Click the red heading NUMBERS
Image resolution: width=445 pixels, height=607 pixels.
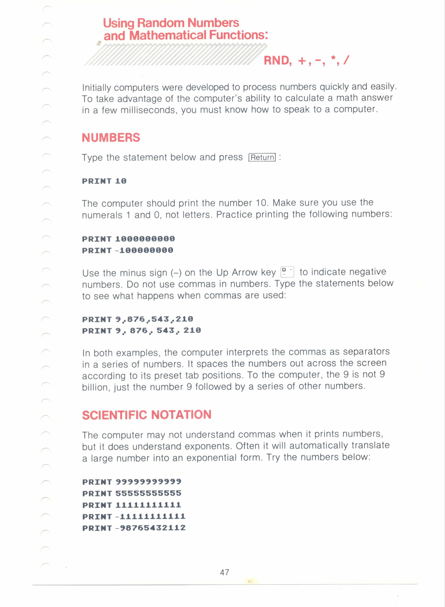111,138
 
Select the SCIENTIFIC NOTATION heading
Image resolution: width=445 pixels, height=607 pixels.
146,415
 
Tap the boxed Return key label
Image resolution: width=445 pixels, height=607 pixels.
262,157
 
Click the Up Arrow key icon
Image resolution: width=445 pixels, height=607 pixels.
287,272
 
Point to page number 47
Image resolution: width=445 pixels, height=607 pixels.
224,572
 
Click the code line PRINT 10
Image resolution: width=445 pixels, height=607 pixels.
104,181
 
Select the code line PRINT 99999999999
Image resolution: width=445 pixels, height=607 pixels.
132,481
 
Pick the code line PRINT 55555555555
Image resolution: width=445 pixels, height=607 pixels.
132,493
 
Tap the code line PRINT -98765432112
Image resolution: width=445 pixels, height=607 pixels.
134,528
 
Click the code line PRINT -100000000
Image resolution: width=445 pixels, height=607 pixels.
127,250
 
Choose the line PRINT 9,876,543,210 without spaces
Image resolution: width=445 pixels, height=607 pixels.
137,319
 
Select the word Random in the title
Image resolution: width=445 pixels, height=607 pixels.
161,23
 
